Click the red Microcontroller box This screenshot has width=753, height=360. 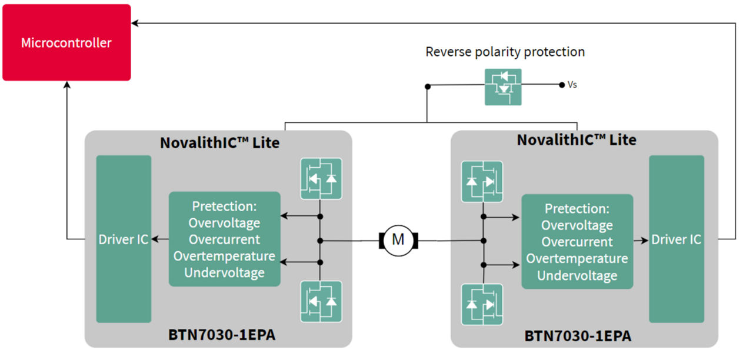(66, 42)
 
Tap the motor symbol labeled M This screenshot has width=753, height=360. (398, 239)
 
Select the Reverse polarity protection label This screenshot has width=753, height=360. (505, 52)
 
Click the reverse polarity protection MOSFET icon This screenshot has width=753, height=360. (502, 87)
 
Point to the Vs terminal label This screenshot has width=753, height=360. (572, 85)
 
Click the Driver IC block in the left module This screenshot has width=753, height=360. (124, 239)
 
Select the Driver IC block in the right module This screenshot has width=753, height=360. (676, 239)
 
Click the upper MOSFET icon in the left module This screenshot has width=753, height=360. (321, 178)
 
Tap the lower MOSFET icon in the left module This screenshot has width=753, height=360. (321, 301)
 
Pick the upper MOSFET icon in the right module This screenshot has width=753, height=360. (482, 181)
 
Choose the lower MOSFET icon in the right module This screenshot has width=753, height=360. (482, 304)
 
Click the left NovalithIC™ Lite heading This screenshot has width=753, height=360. (220, 143)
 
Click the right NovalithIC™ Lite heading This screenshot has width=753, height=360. (577, 140)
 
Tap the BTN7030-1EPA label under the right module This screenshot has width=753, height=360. (578, 336)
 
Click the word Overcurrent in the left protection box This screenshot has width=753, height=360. (224, 239)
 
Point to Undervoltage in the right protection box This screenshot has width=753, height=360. (577, 275)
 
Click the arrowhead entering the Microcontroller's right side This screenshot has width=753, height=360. (135, 24)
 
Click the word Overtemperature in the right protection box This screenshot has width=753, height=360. (577, 259)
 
